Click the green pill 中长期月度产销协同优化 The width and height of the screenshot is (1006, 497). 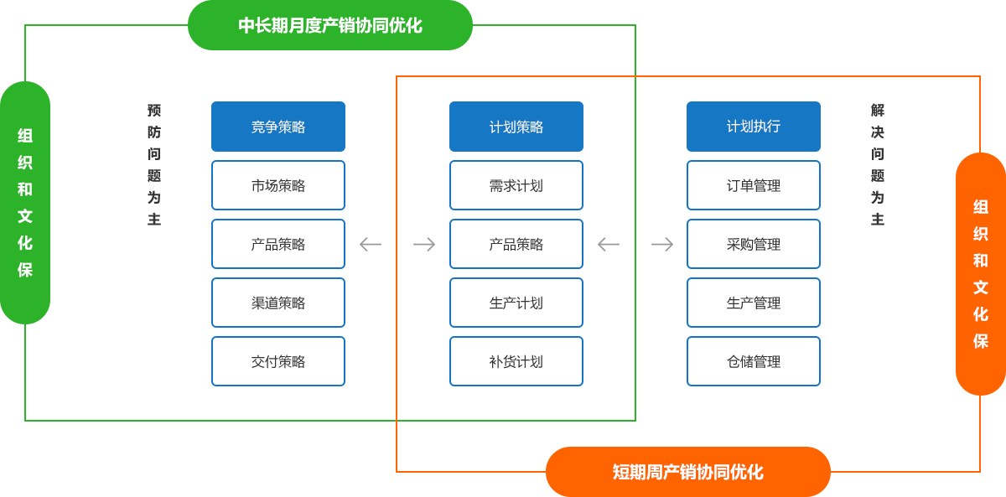click(x=329, y=25)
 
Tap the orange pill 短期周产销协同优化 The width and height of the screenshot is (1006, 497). click(x=687, y=472)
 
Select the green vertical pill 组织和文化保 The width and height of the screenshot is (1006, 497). click(x=25, y=203)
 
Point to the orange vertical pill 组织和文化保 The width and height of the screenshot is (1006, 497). click(x=980, y=274)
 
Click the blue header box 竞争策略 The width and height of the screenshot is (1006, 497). click(x=277, y=127)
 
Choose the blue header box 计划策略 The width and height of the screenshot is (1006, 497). click(x=516, y=127)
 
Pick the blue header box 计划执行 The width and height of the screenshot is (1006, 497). click(x=753, y=127)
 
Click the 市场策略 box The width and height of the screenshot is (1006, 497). click(x=277, y=185)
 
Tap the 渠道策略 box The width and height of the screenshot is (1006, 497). click(x=277, y=303)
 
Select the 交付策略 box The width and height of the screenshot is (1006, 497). click(x=277, y=361)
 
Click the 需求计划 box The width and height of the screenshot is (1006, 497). click(x=516, y=185)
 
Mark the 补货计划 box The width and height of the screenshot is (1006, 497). click(x=516, y=361)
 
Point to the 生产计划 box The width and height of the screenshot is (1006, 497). click(x=516, y=303)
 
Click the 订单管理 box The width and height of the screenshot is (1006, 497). click(x=753, y=185)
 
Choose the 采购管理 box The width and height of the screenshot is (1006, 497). click(x=753, y=244)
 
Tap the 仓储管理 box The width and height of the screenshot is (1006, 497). click(x=753, y=361)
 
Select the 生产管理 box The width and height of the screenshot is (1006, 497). click(x=753, y=303)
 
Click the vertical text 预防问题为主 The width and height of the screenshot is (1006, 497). click(x=154, y=164)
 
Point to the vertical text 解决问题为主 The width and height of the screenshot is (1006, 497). click(x=877, y=164)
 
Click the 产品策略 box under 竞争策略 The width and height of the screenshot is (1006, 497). click(x=277, y=244)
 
